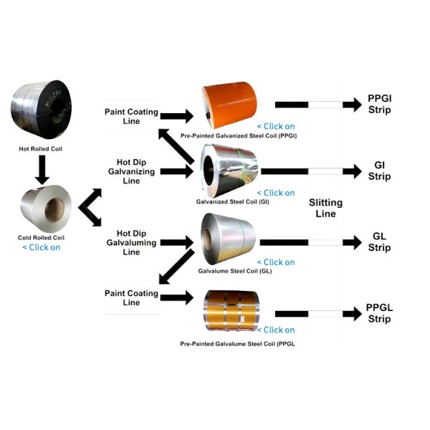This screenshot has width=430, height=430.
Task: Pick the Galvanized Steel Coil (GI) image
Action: [228, 169]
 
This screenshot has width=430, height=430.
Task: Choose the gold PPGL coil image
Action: [229, 309]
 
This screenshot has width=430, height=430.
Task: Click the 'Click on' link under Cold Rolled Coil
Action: [41, 247]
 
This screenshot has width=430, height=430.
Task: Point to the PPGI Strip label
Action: [379, 105]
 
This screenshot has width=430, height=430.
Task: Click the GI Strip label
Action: [379, 171]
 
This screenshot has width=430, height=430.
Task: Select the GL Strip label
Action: [380, 242]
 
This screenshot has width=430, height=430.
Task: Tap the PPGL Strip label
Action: [379, 313]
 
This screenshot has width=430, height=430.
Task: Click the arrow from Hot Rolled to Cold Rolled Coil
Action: [41, 169]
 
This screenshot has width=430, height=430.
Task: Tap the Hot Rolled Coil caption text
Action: [41, 149]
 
